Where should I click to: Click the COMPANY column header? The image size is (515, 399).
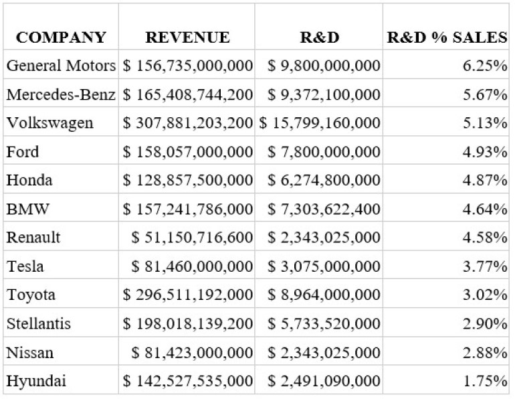pos(61,37)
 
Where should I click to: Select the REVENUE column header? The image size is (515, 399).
pos(187,37)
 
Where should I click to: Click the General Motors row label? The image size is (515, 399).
pos(62,66)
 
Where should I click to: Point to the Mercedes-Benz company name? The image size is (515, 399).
pos(62,94)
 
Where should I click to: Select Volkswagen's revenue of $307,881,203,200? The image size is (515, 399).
pos(188,123)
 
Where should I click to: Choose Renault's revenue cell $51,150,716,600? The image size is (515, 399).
pos(193,238)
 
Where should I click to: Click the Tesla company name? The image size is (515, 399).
pos(25,266)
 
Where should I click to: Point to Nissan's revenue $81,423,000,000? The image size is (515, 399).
pos(193,353)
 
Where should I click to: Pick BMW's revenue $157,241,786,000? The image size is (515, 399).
pos(188,209)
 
